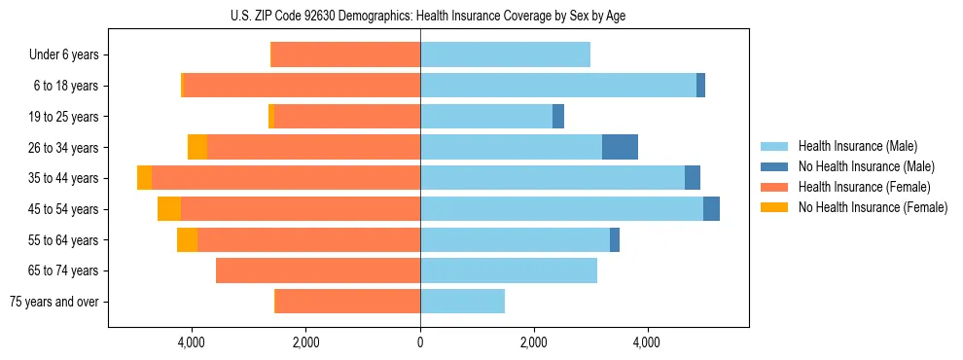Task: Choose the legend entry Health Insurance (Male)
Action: click(x=857, y=146)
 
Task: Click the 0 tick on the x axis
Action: click(x=420, y=342)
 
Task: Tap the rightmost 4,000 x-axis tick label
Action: click(x=647, y=342)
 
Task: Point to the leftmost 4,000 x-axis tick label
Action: click(x=192, y=342)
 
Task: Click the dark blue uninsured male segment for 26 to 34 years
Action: click(x=620, y=147)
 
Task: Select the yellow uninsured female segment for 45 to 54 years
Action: click(x=169, y=209)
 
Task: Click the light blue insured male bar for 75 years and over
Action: click(x=462, y=302)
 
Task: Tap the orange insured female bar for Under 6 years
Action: click(x=345, y=54)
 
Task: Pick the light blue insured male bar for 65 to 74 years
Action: click(x=509, y=270)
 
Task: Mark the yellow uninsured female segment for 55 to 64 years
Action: click(x=187, y=240)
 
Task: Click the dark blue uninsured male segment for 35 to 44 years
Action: click(x=693, y=178)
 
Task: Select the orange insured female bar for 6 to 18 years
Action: click(x=302, y=86)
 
